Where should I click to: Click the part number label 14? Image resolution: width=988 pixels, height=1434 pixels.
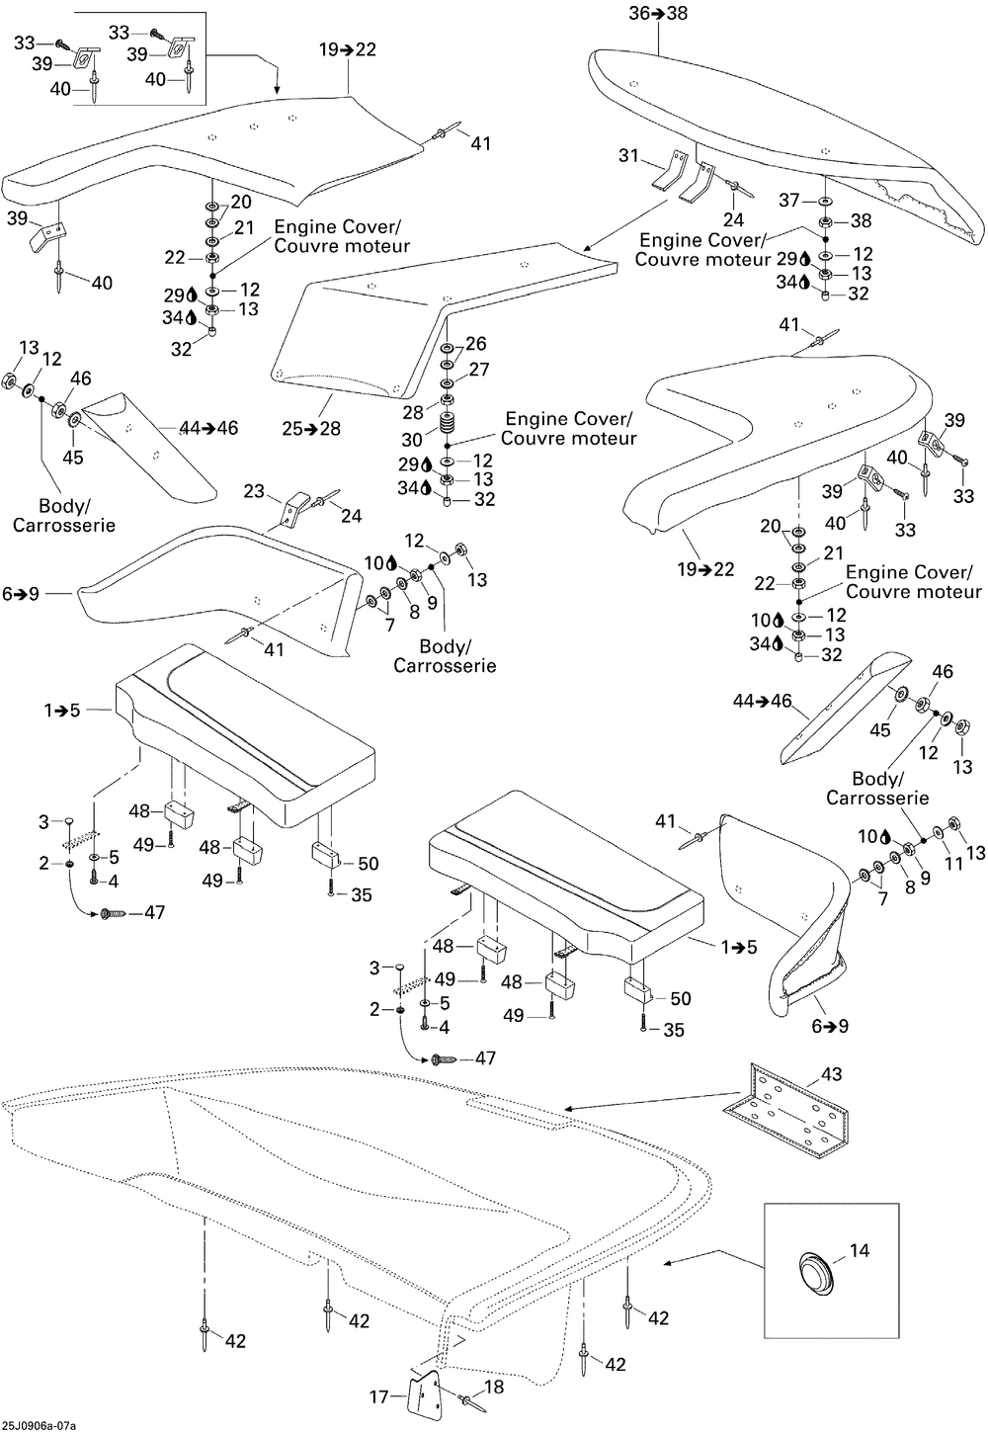(860, 1251)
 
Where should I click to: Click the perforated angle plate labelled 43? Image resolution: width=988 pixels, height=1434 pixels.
(789, 1111)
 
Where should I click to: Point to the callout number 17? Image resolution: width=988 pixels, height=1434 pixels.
(379, 1396)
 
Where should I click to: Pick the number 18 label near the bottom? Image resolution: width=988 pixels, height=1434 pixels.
(493, 1388)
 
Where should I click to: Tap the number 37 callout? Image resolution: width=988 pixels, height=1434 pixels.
(788, 201)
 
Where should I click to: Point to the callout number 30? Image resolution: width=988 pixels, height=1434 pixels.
(411, 439)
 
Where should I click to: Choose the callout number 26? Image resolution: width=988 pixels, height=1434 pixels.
(476, 344)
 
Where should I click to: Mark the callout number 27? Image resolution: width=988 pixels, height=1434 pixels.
(478, 370)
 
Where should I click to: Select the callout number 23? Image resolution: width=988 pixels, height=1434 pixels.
(255, 490)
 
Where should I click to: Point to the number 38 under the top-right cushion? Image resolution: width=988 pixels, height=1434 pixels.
(862, 221)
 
